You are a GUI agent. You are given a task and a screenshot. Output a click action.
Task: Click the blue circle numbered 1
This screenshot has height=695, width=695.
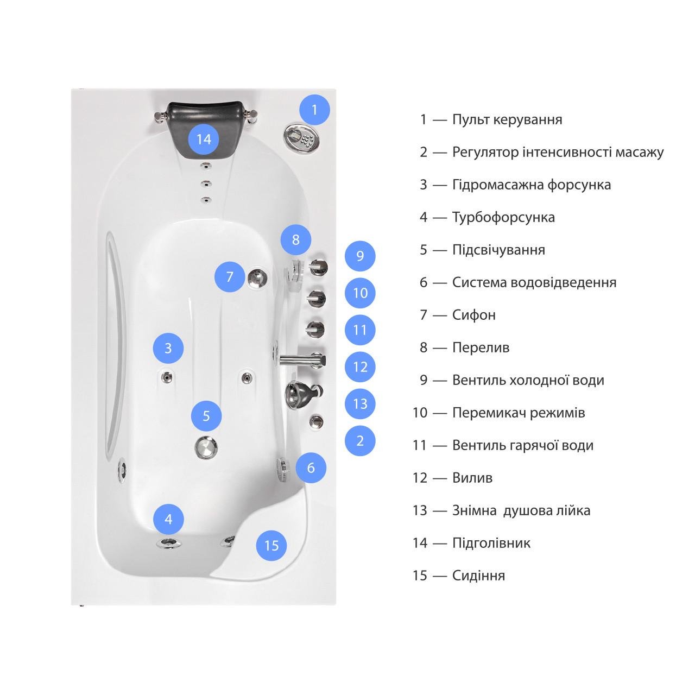coord(314,110)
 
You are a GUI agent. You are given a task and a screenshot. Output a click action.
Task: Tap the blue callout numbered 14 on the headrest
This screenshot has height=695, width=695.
coord(204,139)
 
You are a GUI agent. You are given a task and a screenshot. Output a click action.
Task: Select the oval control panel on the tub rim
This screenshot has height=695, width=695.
coord(302,138)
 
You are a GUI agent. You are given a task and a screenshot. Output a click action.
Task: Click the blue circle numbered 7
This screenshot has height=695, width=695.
coord(230,276)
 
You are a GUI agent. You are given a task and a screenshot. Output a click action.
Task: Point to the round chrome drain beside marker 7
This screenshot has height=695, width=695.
coord(257,277)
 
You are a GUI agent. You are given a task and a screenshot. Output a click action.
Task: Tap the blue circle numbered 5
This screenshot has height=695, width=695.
coord(206,416)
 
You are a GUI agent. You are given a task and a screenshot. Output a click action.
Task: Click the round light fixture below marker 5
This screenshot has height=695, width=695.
coord(206,447)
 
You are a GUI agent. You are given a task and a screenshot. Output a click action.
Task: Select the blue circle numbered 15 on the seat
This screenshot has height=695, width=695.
coord(271,546)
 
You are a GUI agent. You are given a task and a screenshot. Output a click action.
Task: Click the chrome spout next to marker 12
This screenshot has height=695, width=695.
coord(302,360)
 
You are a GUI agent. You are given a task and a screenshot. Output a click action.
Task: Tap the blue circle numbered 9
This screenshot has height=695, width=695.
coord(360,256)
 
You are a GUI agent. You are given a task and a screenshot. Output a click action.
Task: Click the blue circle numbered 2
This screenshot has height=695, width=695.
coord(360,441)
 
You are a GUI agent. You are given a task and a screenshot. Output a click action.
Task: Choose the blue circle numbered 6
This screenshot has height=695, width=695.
coord(311,468)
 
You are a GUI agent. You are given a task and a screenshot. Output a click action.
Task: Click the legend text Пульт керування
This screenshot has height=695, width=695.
coord(507,120)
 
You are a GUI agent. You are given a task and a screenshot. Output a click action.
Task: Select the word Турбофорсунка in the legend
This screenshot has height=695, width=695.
coord(503,218)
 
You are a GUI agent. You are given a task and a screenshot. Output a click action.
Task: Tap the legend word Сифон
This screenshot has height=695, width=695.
coord(474,315)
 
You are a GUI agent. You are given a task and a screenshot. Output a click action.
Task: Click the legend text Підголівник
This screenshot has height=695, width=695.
coord(491,543)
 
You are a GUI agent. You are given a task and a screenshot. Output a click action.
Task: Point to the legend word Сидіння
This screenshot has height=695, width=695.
coord(478,575)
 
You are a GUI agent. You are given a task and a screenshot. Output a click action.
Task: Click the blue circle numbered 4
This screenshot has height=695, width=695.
coord(168,520)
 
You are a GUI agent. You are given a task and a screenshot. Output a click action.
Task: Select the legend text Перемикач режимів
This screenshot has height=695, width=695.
coord(519,413)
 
